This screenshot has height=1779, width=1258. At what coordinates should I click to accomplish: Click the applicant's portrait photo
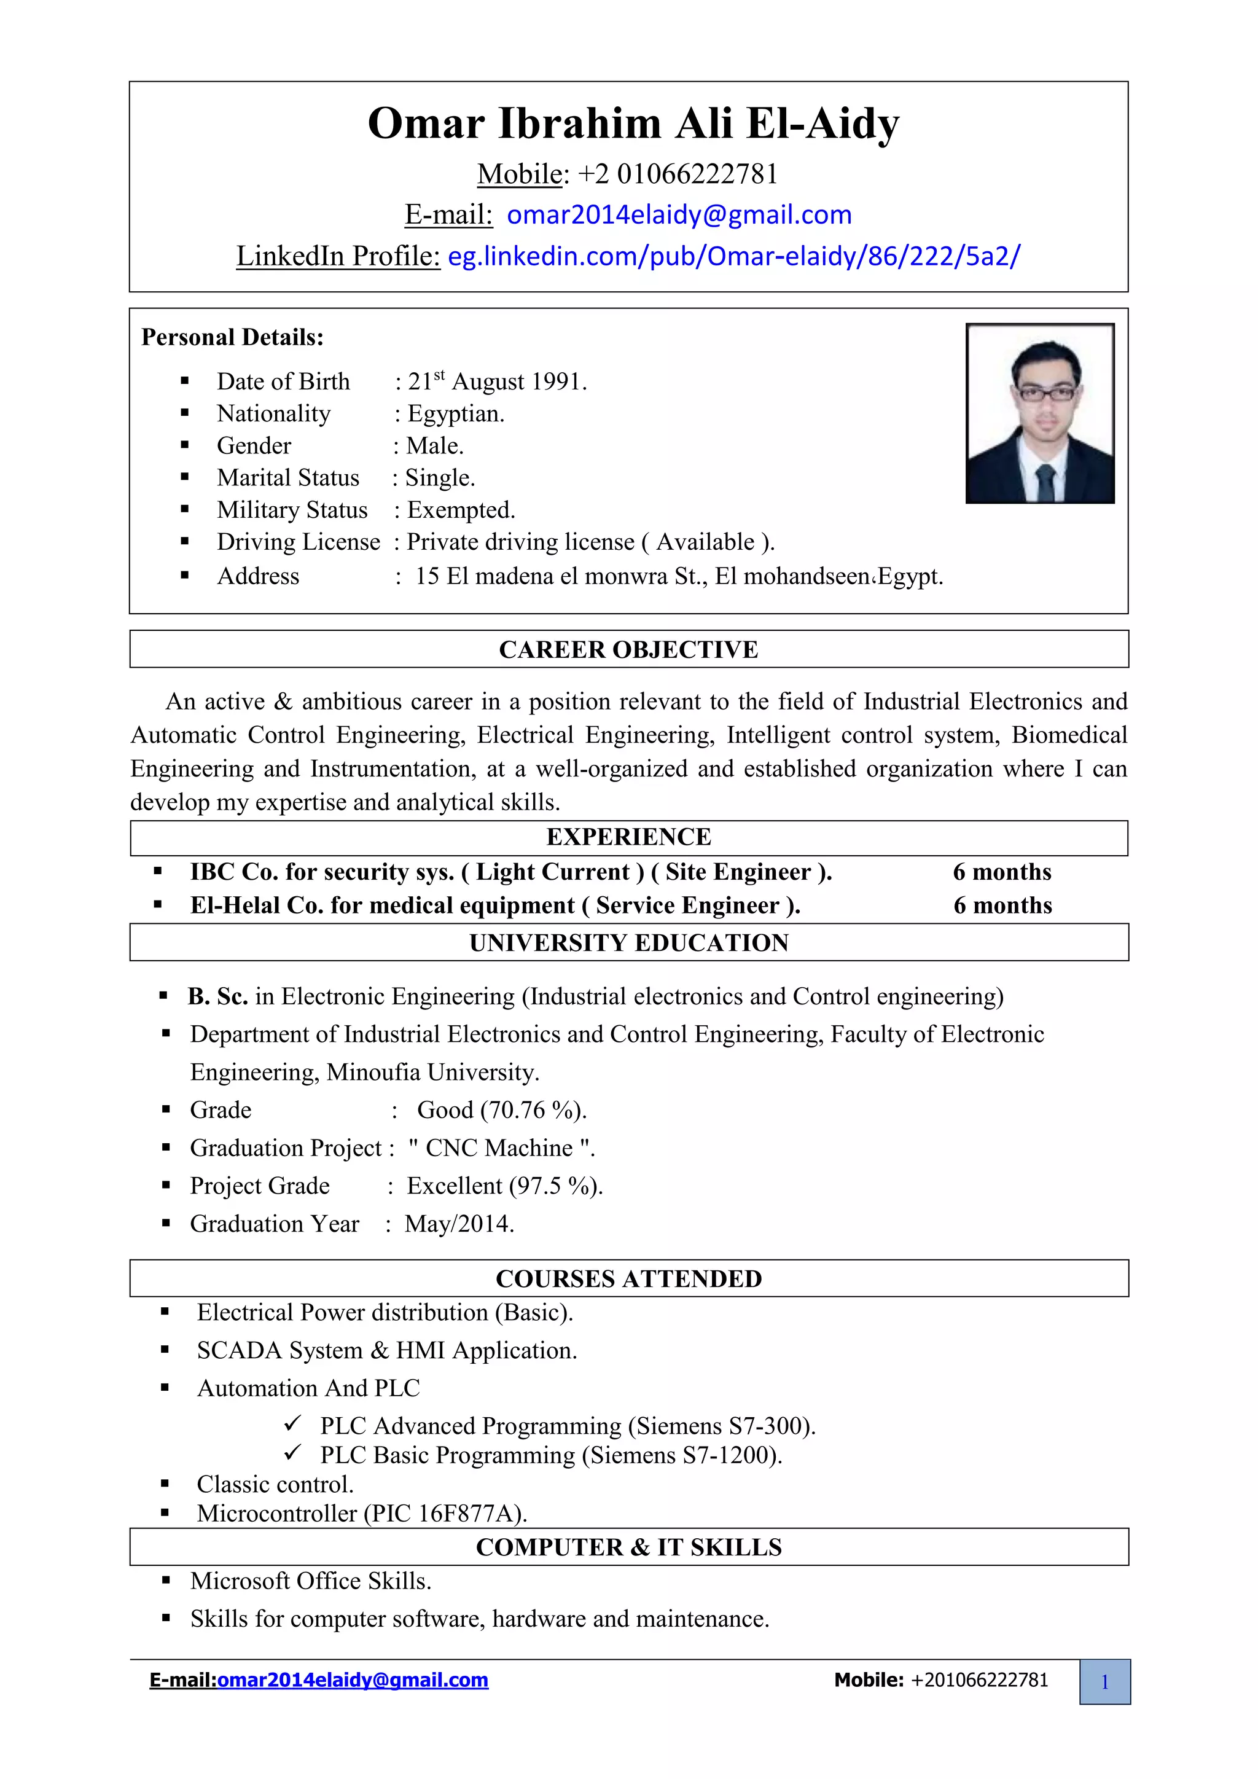tap(1039, 413)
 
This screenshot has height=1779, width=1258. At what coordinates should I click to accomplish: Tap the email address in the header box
tap(679, 214)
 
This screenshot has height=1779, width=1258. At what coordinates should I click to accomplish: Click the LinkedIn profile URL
tap(733, 256)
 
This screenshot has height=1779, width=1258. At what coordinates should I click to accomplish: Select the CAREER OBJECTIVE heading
tap(628, 649)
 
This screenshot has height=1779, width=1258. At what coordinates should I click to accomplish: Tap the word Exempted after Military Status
tap(460, 510)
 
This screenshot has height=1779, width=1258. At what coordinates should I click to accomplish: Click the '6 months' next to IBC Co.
tap(1002, 872)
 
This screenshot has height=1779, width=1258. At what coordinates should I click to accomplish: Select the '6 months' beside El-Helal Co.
tap(1002, 905)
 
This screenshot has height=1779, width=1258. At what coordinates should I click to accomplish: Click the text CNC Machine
tap(499, 1148)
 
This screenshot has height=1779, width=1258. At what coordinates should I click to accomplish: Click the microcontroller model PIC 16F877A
tap(444, 1513)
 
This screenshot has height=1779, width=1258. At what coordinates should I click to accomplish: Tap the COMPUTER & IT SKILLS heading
tap(628, 1547)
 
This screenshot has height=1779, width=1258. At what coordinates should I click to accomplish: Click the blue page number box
tap(1104, 1681)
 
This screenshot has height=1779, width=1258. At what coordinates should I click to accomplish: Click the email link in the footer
tap(353, 1680)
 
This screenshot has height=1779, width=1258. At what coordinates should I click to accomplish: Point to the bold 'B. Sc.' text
tap(217, 996)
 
